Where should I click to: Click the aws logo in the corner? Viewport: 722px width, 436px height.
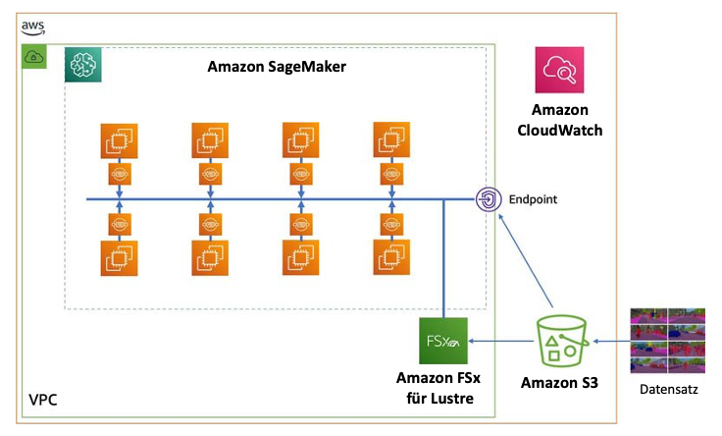click(33, 27)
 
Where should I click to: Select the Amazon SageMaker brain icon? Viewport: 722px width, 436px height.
click(82, 65)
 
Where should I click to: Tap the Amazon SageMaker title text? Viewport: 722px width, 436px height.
click(277, 67)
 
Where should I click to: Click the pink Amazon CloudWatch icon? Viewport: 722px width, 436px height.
click(559, 70)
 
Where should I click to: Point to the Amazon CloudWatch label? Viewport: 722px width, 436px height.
click(559, 120)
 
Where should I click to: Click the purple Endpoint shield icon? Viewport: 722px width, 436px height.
click(489, 199)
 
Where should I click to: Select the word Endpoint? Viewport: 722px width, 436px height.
click(533, 199)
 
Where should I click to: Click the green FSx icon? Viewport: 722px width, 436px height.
click(443, 341)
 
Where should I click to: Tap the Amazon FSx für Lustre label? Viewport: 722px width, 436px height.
click(438, 388)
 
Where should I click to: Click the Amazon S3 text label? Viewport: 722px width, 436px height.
click(559, 383)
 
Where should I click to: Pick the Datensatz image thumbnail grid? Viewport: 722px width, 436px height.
click(668, 341)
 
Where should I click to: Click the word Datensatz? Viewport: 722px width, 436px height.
click(669, 390)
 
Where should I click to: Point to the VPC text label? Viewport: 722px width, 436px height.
click(43, 400)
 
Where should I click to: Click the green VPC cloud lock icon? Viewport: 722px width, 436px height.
click(34, 57)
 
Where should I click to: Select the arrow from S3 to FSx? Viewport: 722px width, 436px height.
click(501, 341)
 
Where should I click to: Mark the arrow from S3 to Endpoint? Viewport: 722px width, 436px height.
click(526, 261)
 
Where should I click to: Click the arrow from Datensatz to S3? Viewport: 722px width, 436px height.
click(611, 342)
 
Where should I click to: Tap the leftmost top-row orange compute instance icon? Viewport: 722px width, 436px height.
click(120, 141)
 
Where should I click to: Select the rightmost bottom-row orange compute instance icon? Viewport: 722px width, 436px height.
click(391, 257)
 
